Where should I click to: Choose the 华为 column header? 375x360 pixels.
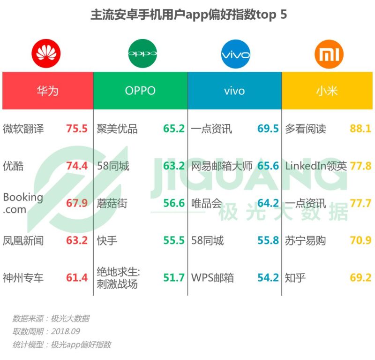[x=47, y=91]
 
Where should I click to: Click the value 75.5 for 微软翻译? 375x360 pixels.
[x=77, y=129]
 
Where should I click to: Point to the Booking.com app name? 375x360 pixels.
[x=23, y=203]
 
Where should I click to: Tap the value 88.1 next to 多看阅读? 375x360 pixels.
[x=360, y=129]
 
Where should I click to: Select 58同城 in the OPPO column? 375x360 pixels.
[x=113, y=166]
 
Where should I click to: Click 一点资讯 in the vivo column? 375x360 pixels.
[x=211, y=129]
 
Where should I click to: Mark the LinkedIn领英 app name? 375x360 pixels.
[x=316, y=166]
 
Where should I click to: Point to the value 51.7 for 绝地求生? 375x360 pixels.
[x=174, y=278]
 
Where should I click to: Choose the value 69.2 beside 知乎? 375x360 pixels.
[x=360, y=278]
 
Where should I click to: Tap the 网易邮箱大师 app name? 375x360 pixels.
[x=222, y=166]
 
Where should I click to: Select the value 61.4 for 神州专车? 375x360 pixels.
[x=77, y=278]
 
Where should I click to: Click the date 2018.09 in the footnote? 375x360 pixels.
[x=65, y=331]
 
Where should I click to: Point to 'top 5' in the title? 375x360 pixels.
[x=271, y=15]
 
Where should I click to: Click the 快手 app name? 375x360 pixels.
[x=107, y=241]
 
